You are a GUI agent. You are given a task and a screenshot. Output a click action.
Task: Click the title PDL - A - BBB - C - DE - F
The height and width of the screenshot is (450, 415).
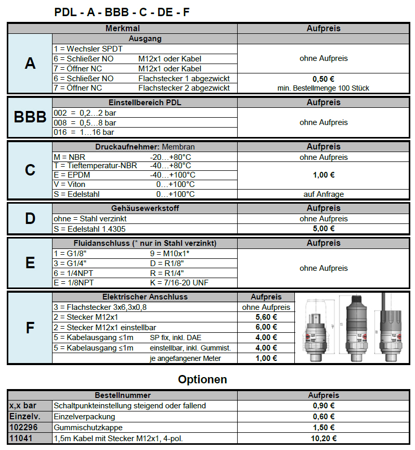(122, 12)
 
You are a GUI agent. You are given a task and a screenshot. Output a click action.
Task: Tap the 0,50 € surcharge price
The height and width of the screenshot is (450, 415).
(323, 79)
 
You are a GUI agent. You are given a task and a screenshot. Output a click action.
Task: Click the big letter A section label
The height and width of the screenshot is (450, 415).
(30, 64)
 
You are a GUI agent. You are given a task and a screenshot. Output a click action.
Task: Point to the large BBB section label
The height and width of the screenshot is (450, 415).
(30, 117)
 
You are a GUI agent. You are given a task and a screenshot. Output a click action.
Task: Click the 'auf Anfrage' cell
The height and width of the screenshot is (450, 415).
(323, 194)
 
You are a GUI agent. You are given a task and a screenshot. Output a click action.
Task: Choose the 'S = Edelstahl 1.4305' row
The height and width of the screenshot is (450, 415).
(89, 229)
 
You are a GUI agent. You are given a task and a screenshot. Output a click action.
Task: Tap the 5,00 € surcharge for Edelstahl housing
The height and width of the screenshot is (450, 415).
(323, 229)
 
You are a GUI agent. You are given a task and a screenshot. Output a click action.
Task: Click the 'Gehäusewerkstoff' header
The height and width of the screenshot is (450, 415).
(145, 208)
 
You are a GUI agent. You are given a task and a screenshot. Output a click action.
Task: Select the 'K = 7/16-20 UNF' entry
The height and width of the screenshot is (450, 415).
(180, 283)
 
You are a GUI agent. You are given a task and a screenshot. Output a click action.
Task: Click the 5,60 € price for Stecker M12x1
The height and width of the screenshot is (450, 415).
(266, 317)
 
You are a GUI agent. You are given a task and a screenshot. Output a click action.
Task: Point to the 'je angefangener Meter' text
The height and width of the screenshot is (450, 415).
(185, 358)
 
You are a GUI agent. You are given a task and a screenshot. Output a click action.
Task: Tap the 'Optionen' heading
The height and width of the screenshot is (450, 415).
(202, 379)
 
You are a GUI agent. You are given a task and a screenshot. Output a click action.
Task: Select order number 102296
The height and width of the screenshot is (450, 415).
(21, 428)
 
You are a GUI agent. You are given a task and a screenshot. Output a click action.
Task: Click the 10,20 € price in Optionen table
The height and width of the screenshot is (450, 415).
(323, 439)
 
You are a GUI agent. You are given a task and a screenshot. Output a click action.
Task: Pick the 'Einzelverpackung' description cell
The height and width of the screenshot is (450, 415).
(84, 417)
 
